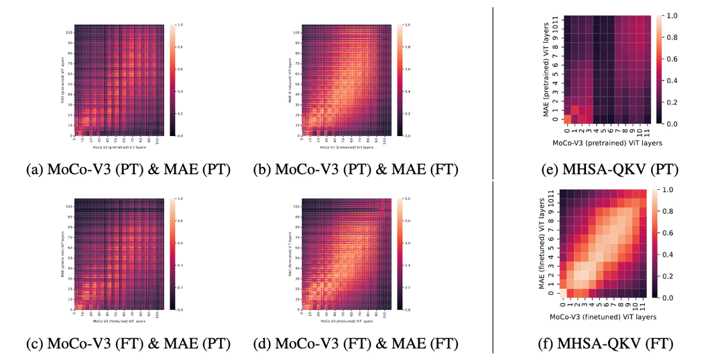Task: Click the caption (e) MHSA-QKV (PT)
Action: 601,170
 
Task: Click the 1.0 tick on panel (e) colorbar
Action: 680,15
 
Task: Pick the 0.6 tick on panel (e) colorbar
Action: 680,58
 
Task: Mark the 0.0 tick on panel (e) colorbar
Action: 680,124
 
